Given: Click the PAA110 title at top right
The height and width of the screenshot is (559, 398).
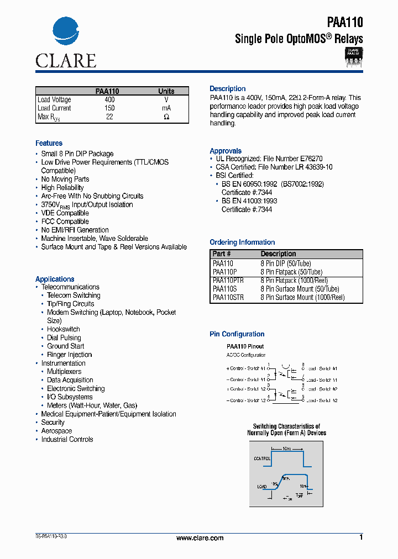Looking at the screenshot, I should pos(345,23).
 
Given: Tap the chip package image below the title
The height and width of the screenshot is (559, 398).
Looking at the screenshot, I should pos(353,57).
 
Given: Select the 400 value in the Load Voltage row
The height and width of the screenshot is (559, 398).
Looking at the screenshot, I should pos(110,100).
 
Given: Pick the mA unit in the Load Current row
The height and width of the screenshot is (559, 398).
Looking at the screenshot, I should pos(166,108).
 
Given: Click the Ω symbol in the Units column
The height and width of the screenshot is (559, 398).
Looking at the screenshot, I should pos(166,117).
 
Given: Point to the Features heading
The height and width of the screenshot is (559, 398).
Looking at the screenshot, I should pos(49,143).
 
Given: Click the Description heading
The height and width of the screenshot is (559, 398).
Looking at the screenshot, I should pos(228,89).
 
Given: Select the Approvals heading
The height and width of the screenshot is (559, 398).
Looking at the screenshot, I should pos(226,151).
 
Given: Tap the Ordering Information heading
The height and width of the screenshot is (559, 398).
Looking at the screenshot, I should pos(242,242).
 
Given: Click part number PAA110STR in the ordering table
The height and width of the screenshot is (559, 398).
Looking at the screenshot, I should pos(228,297).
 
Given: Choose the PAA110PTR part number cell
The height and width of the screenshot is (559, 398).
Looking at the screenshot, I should pos(228,281).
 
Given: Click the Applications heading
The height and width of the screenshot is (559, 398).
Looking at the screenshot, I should pos(55,279).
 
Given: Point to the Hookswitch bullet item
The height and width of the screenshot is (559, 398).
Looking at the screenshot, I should pos(64,329).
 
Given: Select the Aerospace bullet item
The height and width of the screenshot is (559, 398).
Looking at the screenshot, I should pos(56,431).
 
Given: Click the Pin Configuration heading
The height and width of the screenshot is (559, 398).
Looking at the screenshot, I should pos(237,334).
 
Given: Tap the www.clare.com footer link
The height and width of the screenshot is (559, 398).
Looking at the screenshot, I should pos(200,538).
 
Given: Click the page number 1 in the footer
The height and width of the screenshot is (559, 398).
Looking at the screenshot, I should pos(361,537).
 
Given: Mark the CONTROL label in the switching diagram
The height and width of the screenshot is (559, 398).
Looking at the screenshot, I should pos(262,458).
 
